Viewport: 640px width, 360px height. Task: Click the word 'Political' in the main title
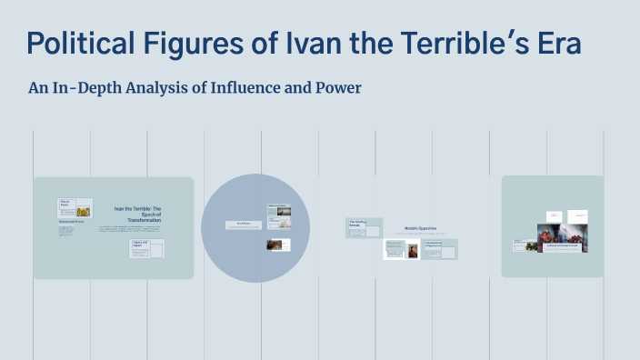(78, 44)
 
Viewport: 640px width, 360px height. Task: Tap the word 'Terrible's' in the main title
(463, 44)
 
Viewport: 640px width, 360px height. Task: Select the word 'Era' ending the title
(555, 44)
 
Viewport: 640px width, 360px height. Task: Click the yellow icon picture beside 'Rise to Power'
(83, 212)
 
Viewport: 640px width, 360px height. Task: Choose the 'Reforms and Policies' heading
(72, 222)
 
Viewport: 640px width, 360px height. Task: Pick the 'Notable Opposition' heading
(423, 228)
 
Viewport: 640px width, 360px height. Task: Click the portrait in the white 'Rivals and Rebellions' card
(413, 251)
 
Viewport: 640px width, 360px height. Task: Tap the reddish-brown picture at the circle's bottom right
(274, 245)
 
